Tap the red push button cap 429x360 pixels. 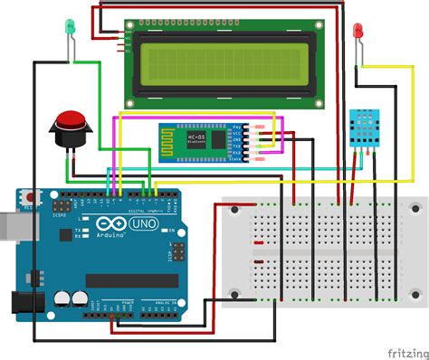click(70, 118)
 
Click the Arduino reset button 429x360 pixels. click(31, 196)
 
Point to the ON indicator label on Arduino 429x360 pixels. click(169, 231)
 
